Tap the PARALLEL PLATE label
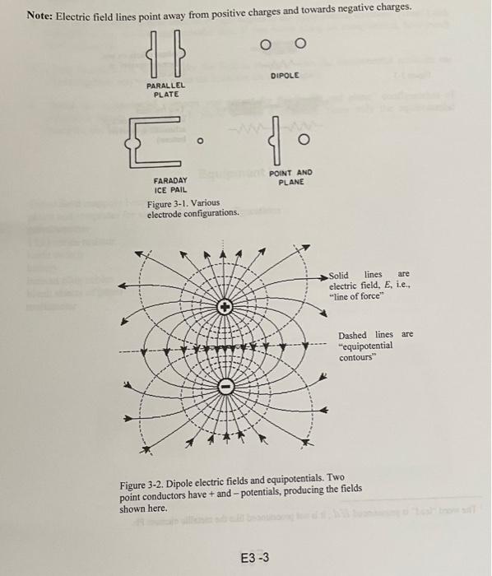[166, 90]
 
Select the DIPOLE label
[284, 76]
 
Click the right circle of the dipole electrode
[300, 45]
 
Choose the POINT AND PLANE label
[291, 177]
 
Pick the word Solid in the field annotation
[338, 275]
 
